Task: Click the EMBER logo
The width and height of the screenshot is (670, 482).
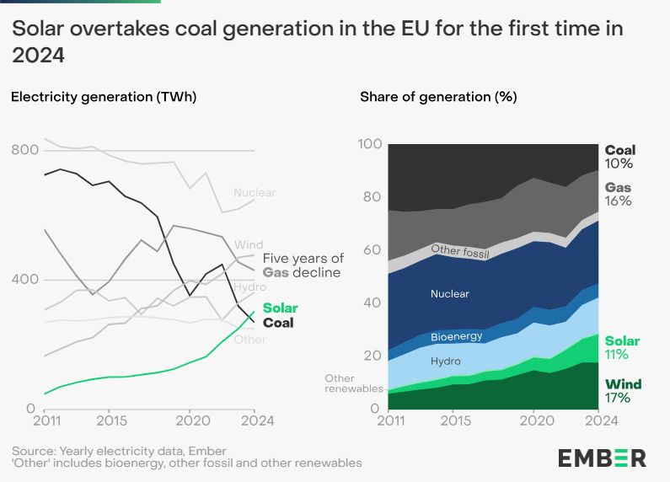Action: tap(602, 458)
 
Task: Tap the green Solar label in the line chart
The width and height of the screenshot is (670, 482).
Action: tap(280, 308)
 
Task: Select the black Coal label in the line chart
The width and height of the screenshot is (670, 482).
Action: tap(278, 323)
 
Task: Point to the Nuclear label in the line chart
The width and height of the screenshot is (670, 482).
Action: tap(255, 193)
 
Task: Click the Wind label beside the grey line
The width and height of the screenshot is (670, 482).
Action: tap(249, 245)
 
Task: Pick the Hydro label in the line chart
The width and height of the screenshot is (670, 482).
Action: tap(250, 287)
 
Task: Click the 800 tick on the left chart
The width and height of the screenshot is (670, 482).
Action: tap(24, 150)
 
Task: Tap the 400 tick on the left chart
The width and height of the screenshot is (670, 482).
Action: tap(24, 280)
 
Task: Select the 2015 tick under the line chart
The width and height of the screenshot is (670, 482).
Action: tap(109, 420)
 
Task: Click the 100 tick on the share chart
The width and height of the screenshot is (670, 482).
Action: tap(370, 144)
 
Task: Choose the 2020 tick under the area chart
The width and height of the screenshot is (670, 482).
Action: tap(533, 420)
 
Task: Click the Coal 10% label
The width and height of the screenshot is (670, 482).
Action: tap(619, 157)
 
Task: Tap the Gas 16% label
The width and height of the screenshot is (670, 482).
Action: tap(619, 194)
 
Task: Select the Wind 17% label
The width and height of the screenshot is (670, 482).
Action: tap(623, 391)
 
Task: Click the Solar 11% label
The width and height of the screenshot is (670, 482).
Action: tap(622, 348)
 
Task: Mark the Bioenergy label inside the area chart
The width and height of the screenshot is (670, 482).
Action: tap(456, 336)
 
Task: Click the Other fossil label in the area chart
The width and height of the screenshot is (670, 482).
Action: tap(461, 249)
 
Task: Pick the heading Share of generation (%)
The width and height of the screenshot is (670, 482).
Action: tap(438, 97)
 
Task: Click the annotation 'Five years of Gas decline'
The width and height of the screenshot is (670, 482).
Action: tap(303, 265)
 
